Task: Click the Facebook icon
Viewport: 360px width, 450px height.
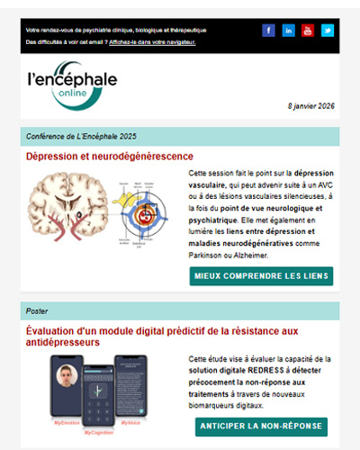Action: pos(268,30)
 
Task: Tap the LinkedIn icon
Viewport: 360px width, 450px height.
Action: pos(288,30)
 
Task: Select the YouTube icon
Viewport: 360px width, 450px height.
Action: pos(308,30)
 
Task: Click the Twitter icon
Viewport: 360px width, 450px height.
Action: pos(328,30)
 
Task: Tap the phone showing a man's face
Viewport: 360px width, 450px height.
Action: pos(67,388)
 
